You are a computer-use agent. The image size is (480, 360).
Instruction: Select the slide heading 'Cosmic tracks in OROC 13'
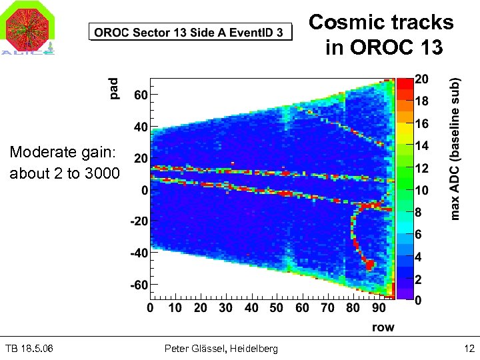(381, 34)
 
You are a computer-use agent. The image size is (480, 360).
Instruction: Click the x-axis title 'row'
(383, 327)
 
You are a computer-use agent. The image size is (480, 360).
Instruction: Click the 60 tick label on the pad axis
(140, 95)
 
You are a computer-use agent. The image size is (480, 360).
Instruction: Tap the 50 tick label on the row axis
(277, 307)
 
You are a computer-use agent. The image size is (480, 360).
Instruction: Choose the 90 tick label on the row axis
(379, 307)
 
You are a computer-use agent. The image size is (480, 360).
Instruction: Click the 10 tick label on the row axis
(175, 307)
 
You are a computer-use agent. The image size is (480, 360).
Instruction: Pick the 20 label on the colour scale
(421, 79)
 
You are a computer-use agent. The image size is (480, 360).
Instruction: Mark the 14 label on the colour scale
(421, 145)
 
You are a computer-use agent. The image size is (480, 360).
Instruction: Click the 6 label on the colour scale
(418, 235)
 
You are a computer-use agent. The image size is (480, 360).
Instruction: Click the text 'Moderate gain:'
(62, 153)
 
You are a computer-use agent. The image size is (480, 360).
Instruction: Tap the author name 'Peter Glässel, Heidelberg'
(221, 349)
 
